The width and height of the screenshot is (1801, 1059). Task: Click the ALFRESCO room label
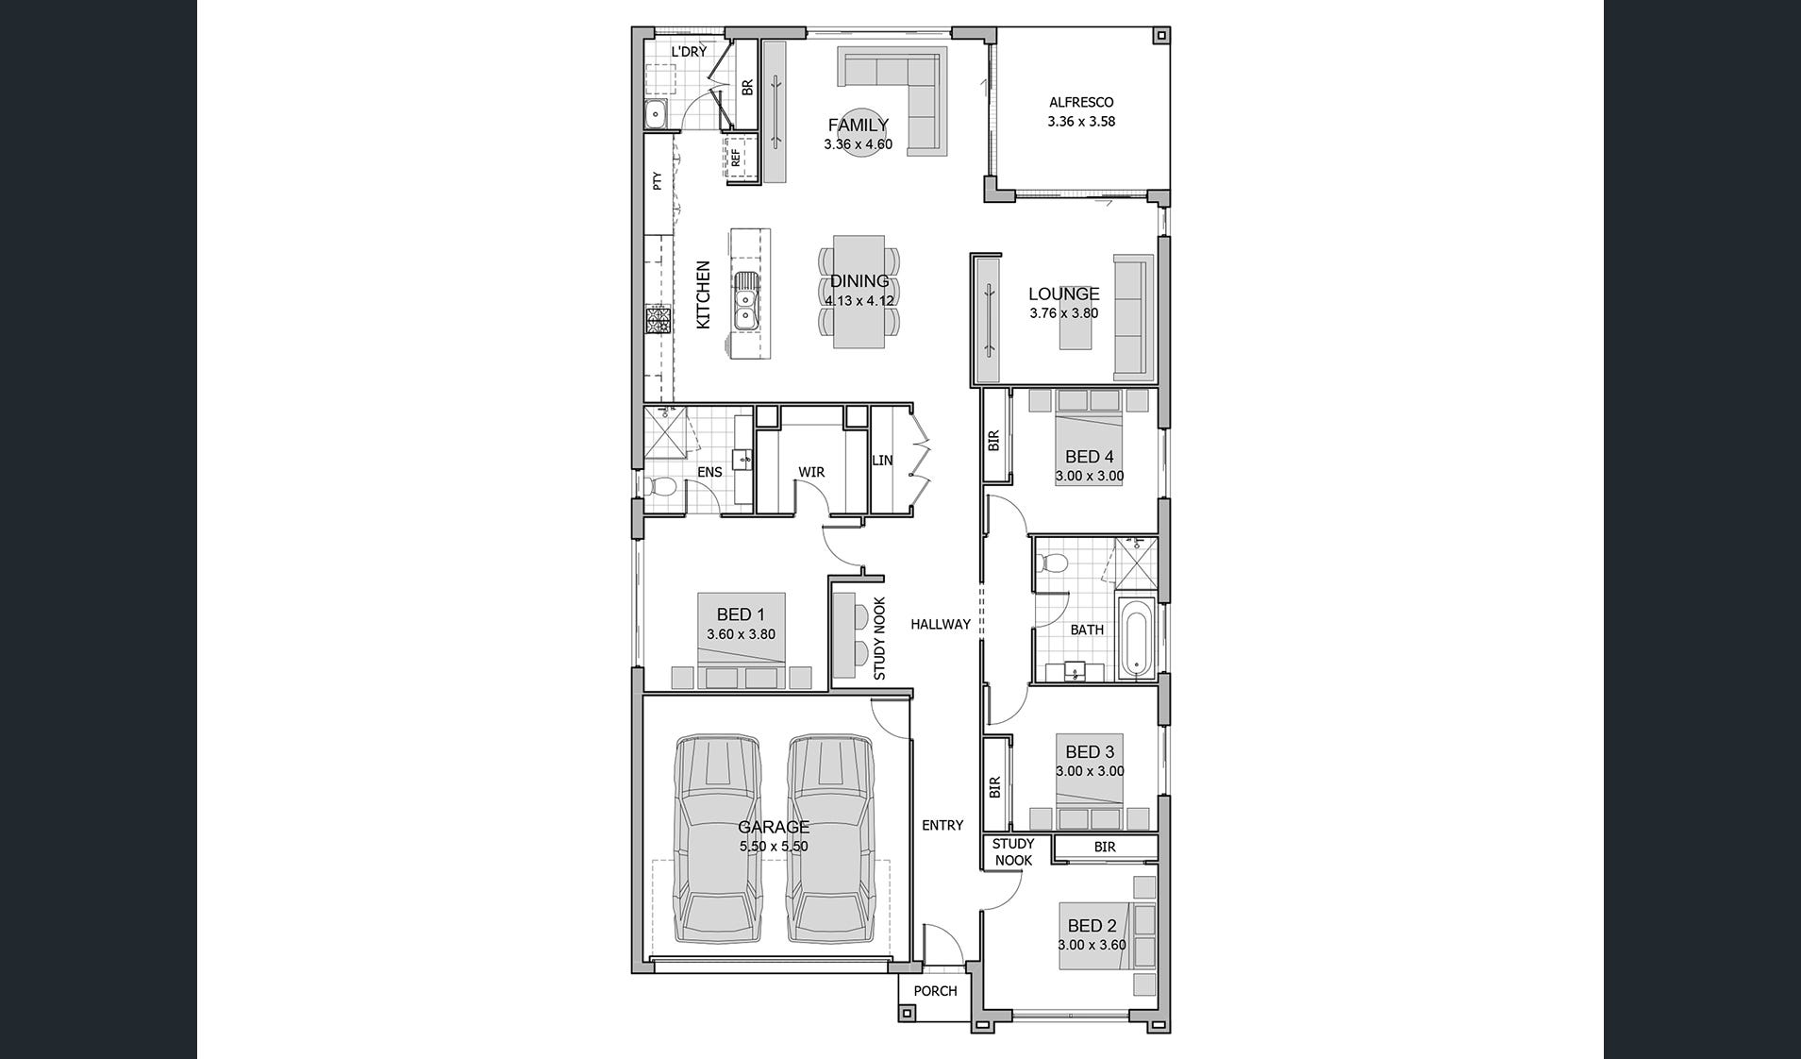(1081, 102)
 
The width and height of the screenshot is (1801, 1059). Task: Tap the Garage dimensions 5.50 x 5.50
(774, 847)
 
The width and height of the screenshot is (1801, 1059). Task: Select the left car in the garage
(719, 839)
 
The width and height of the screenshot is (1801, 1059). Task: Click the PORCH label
(935, 991)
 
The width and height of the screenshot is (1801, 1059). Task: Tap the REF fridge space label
(736, 158)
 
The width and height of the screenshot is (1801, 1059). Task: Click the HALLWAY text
(941, 624)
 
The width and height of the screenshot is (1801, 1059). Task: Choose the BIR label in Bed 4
(993, 441)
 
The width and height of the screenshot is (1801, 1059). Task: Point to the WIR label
(811, 472)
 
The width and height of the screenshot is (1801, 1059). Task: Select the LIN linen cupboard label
(882, 461)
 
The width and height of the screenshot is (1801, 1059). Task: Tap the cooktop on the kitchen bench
(657, 320)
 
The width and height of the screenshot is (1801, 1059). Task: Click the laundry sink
(657, 115)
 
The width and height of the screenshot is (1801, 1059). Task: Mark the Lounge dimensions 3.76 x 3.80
(1064, 313)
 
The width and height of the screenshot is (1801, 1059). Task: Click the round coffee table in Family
(859, 133)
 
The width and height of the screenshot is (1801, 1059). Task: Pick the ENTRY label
(942, 825)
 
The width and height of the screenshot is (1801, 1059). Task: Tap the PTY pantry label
(658, 181)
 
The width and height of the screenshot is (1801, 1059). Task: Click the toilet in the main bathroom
(1052, 563)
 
